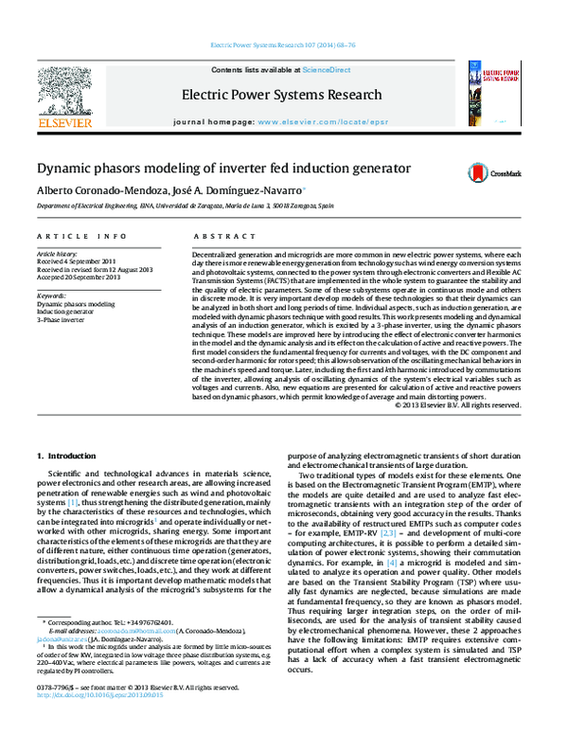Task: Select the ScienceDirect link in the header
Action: (327, 70)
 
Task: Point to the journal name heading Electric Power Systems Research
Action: (283, 95)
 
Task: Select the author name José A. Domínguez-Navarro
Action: (241, 190)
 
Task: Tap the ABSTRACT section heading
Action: (220, 236)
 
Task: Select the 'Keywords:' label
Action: (51, 296)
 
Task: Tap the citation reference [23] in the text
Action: (388, 534)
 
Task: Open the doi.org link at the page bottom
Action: (95, 722)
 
